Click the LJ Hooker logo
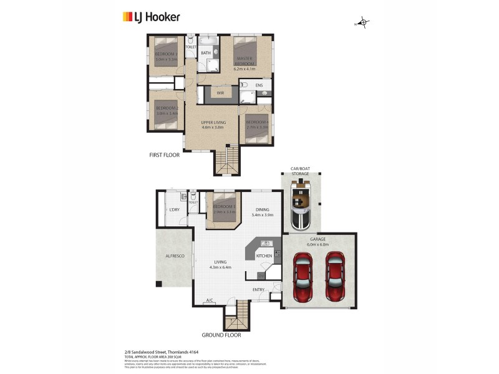[x=151, y=17]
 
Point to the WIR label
[x=220, y=93]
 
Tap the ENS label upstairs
[x=259, y=85]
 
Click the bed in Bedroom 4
[x=256, y=133]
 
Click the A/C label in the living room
[x=210, y=300]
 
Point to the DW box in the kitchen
[x=261, y=275]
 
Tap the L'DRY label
[x=175, y=209]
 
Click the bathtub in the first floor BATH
[x=208, y=42]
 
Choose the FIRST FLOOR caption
[x=164, y=155]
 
